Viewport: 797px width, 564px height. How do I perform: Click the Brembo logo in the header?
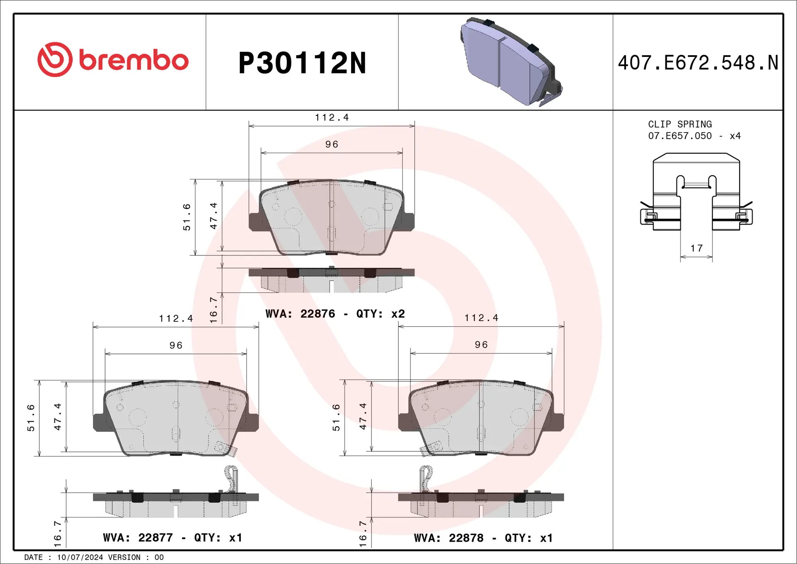point(113,60)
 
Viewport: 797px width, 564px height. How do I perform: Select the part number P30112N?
point(302,64)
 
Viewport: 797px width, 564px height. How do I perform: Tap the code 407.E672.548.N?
point(698,63)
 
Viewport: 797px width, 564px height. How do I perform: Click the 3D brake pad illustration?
point(511,62)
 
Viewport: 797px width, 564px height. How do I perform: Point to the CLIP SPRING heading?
point(680,124)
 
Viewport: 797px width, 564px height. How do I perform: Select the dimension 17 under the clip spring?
point(696,248)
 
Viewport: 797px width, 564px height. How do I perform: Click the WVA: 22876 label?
point(300,314)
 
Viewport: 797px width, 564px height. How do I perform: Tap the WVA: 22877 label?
point(137,538)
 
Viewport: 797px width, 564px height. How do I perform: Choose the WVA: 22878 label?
point(448,538)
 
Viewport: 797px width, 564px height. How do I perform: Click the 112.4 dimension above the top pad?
point(331,118)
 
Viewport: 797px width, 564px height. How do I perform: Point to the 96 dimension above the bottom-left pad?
point(176,346)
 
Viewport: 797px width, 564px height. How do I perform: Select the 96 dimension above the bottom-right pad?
point(481,345)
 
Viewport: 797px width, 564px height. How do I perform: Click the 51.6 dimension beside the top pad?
point(187,217)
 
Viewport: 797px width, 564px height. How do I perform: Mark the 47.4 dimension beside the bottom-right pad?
point(363,416)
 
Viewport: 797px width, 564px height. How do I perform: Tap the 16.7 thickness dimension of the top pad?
point(213,310)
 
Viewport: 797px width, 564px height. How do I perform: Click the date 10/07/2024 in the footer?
point(80,557)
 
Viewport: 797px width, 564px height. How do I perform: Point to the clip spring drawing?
point(696,193)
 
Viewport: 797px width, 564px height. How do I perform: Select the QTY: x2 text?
point(380,314)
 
